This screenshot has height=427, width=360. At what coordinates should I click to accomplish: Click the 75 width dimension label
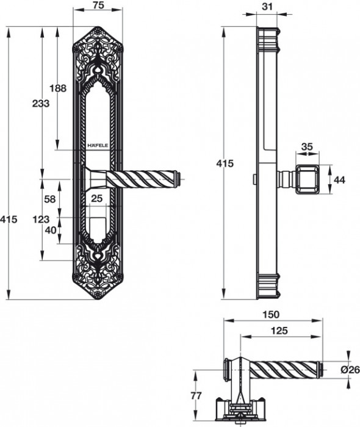coord(98,5)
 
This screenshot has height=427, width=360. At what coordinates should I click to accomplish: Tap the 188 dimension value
coord(58,88)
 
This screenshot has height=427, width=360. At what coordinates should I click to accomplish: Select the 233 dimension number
coord(41,104)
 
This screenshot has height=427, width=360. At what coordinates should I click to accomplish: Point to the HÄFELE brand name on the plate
coord(98,146)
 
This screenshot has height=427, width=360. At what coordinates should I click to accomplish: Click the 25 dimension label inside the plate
coord(96,198)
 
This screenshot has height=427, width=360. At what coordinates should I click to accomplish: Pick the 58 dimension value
coord(50,199)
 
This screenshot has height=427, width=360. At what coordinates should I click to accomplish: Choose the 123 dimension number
coord(41,219)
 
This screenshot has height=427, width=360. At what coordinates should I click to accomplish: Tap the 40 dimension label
coord(51,231)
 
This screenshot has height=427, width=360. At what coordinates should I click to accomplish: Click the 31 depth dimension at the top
coord(267,6)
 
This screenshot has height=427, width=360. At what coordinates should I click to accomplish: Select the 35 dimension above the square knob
coord(307,147)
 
